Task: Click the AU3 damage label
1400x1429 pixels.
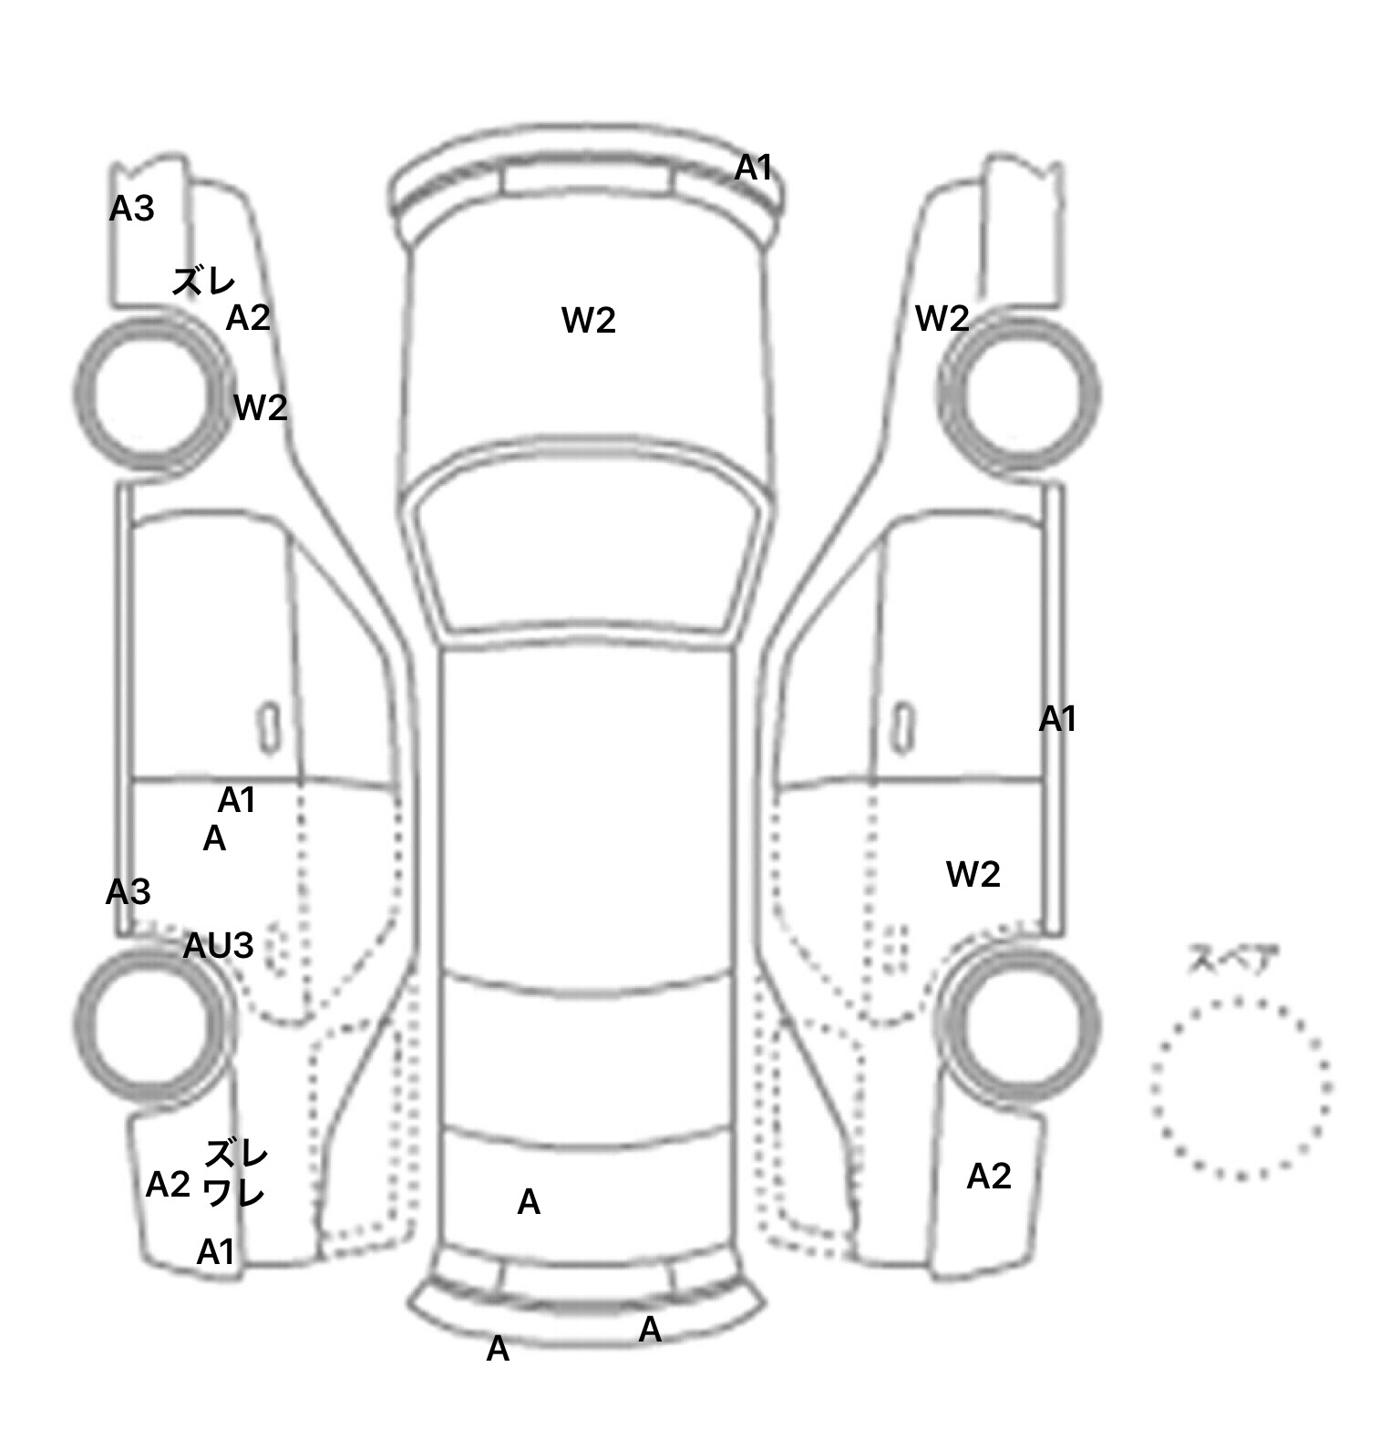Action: pos(218,947)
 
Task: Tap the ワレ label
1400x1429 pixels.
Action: pos(234,1193)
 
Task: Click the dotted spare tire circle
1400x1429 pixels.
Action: pos(1240,1088)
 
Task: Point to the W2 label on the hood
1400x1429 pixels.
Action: pos(589,320)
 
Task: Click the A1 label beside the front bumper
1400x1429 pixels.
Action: pos(754,168)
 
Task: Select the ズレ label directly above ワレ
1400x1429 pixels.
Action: pos(236,1155)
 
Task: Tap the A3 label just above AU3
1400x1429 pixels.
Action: pos(128,892)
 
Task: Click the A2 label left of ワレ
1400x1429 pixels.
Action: pos(168,1185)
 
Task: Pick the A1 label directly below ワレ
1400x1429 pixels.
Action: pos(216,1253)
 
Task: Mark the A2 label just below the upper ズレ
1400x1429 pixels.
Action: pos(248,318)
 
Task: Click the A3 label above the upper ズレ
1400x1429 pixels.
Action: pos(131,210)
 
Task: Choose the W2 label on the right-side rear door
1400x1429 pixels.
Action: pos(973,875)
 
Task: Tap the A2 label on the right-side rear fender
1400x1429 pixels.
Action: pos(989,1177)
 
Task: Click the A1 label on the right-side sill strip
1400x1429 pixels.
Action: pos(1058,720)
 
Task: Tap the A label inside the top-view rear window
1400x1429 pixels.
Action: pos(529,1203)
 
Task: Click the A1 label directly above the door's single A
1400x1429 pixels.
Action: pos(236,800)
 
